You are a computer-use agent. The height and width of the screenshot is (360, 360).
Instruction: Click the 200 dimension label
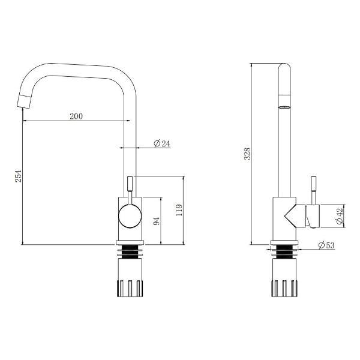76,116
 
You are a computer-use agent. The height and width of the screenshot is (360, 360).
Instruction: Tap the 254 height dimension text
19,176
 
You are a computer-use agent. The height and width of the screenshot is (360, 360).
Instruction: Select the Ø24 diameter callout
162,143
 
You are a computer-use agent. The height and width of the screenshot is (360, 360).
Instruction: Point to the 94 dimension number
156,221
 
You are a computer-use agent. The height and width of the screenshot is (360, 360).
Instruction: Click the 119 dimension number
179,210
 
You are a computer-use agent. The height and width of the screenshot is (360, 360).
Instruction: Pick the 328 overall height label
247,154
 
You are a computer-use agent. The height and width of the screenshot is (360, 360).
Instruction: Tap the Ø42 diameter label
340,216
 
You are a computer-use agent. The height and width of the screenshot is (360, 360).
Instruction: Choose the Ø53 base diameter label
326,245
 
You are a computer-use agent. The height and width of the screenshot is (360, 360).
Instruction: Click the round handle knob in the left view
130,216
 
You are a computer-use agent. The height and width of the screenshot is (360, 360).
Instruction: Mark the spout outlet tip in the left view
24,101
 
